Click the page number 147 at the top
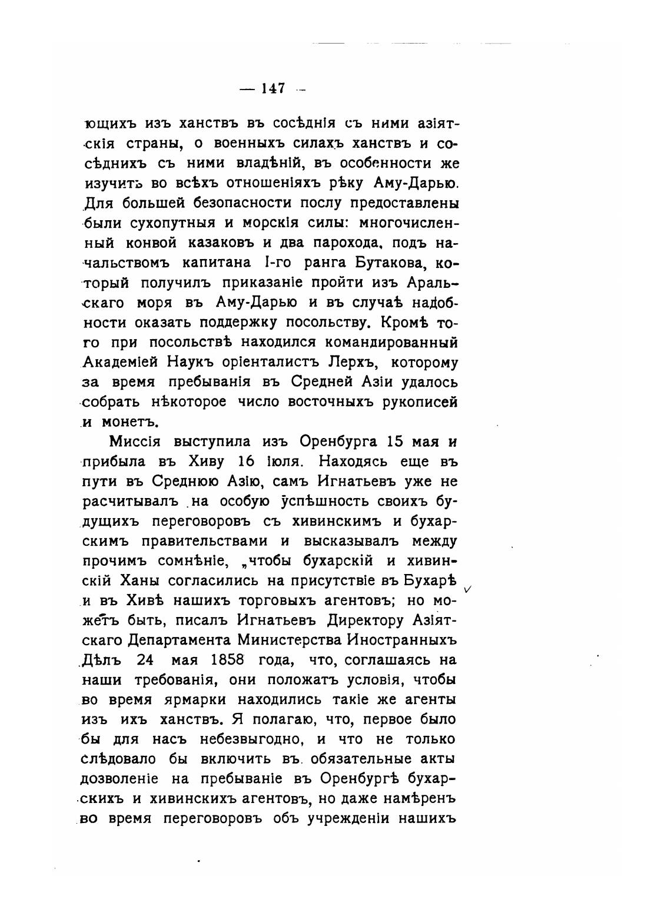[274, 88]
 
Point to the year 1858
[224, 659]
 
